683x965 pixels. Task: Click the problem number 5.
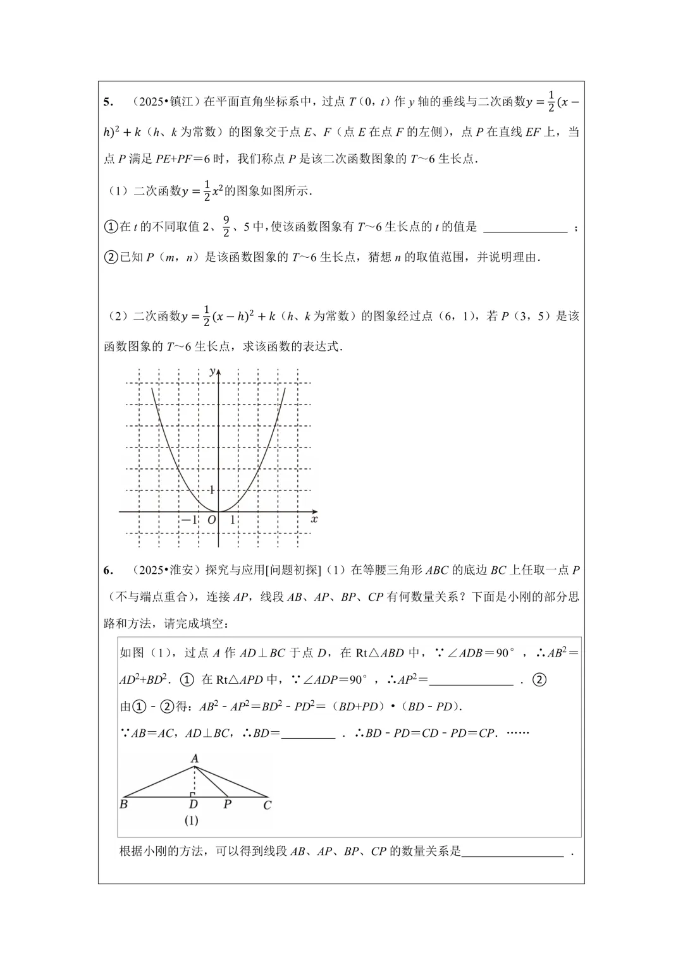108,102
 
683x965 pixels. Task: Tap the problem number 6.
108,571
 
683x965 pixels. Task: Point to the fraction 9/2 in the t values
226,226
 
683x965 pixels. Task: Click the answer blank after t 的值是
525,228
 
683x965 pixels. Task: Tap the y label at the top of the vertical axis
212,371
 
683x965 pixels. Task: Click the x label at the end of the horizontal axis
314,519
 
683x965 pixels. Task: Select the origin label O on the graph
211,520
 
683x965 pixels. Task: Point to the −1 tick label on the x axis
189,520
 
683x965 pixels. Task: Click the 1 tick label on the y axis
211,490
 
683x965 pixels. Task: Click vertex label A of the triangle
195,758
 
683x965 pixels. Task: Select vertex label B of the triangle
123,804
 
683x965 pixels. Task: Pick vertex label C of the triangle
267,805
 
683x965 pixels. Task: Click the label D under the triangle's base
194,804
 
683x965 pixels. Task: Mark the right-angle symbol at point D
192,794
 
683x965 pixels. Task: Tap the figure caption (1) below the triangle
192,820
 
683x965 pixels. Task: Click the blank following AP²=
471,681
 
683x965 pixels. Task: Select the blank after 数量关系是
512,852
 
